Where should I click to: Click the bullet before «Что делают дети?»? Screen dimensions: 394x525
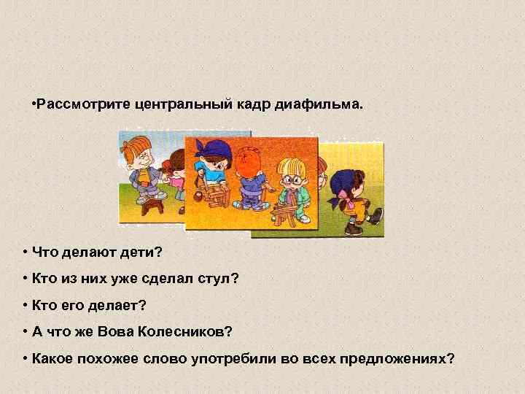tap(25, 252)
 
